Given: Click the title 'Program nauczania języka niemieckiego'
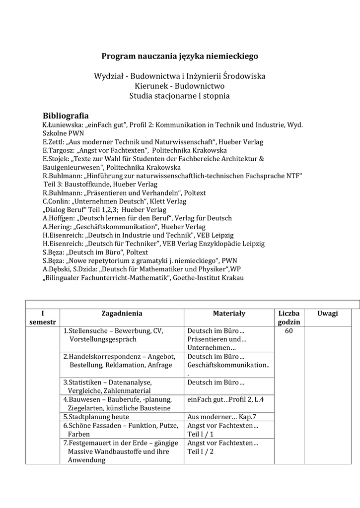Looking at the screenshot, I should [x=180, y=57].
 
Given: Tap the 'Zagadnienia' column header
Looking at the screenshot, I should [x=122, y=314].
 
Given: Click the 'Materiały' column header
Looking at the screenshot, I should [x=229, y=314].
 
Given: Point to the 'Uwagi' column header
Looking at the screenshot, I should [x=328, y=314].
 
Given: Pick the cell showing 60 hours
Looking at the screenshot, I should [x=289, y=331].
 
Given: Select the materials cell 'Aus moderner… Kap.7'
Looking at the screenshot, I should [x=222, y=417].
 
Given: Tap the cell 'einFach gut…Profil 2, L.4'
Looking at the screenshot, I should [x=225, y=399].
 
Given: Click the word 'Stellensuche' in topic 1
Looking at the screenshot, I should [x=90, y=331].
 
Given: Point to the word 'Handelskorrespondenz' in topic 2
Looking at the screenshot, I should [x=103, y=357].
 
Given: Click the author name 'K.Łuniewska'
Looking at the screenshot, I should [x=59, y=125].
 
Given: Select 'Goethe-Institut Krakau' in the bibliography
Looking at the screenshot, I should [x=208, y=278].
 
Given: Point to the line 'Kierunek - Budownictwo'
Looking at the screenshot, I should [x=180, y=86].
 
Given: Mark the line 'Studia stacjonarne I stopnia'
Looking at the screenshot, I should [x=180, y=96].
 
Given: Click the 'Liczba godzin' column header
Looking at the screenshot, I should [x=289, y=317].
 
